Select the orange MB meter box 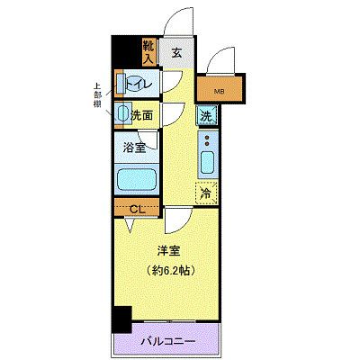coord(220,89)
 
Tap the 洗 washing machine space coord(207,116)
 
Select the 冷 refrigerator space coord(206,192)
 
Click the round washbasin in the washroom coord(123,113)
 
